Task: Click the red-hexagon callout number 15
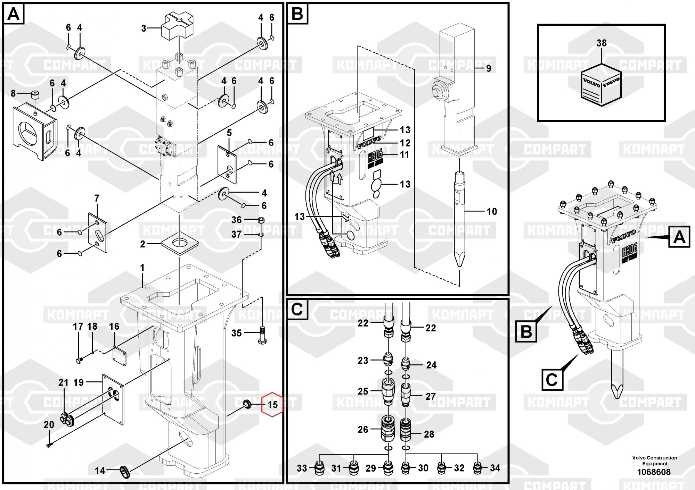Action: point(272,404)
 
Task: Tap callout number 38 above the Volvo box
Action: point(601,43)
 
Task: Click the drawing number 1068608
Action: point(654,472)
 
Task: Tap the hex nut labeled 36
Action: point(262,220)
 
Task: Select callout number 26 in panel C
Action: point(363,429)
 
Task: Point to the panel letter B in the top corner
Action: point(297,14)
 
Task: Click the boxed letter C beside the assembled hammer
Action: point(552,379)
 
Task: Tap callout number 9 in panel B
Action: point(488,68)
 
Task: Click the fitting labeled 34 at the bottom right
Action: point(478,468)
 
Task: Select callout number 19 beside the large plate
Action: point(79,382)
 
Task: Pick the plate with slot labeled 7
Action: point(97,233)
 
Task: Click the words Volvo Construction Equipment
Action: point(654,461)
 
